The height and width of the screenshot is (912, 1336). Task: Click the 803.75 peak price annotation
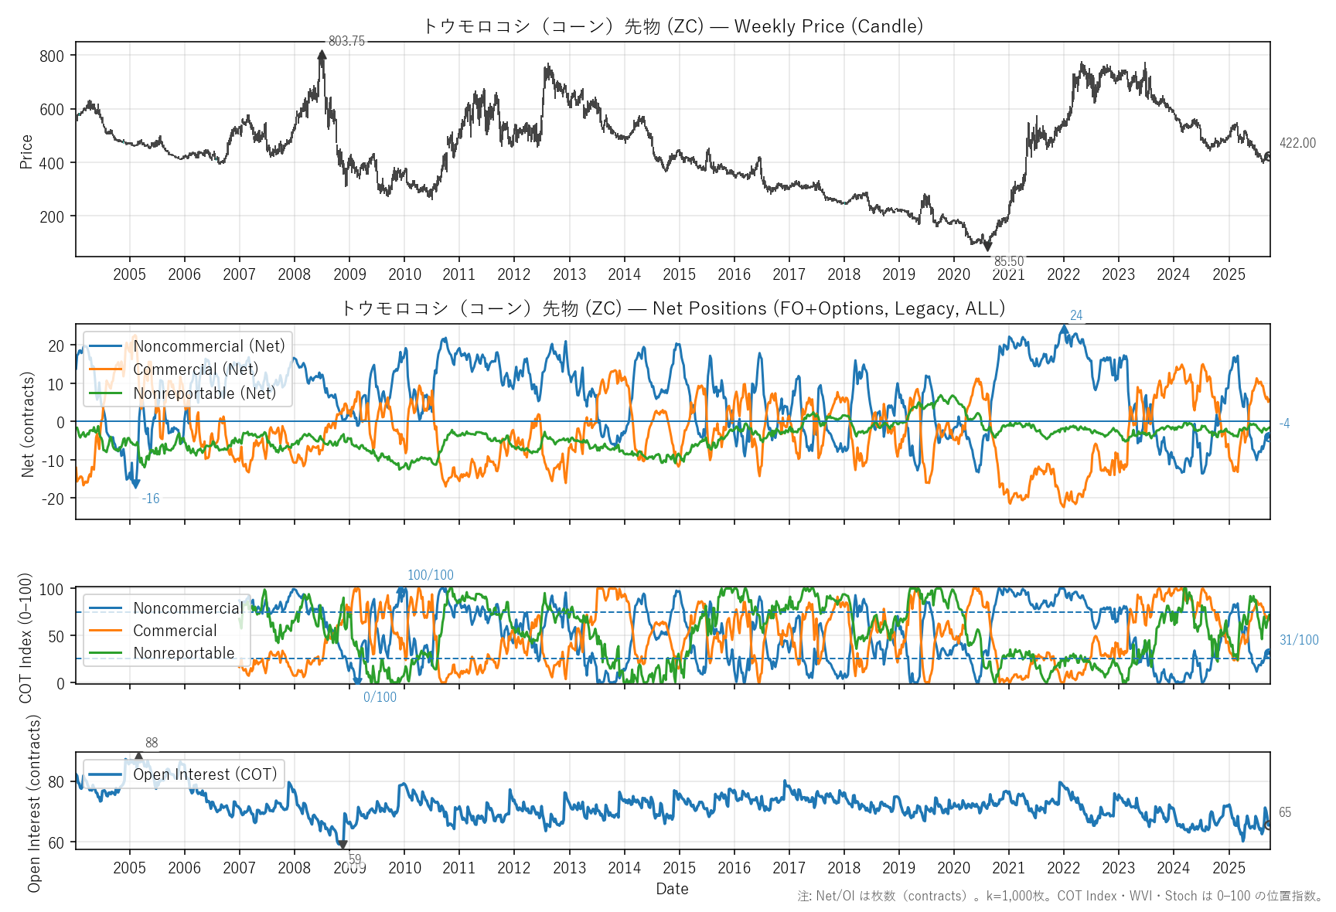(x=346, y=41)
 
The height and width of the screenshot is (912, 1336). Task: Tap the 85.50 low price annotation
(x=1008, y=261)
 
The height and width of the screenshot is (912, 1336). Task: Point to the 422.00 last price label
(x=1297, y=143)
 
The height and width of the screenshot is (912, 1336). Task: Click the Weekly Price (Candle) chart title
(x=673, y=26)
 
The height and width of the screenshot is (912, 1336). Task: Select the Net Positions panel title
(x=673, y=308)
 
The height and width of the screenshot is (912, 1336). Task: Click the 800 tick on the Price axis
(x=52, y=56)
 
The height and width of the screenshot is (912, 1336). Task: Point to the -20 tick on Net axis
(x=53, y=499)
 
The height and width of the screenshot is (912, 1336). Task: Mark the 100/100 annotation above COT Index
(x=430, y=575)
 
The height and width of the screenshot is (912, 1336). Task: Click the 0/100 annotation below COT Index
(x=380, y=697)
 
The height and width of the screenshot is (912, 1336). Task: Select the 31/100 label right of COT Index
(x=1299, y=640)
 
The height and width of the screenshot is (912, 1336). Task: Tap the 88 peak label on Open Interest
(x=152, y=743)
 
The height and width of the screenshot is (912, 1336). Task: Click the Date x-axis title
(x=672, y=889)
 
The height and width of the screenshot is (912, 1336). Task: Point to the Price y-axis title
(x=26, y=151)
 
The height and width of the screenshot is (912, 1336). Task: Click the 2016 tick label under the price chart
(x=734, y=274)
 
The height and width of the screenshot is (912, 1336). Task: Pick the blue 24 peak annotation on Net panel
(x=1075, y=315)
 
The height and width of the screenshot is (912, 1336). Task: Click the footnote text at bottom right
(x=1060, y=897)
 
